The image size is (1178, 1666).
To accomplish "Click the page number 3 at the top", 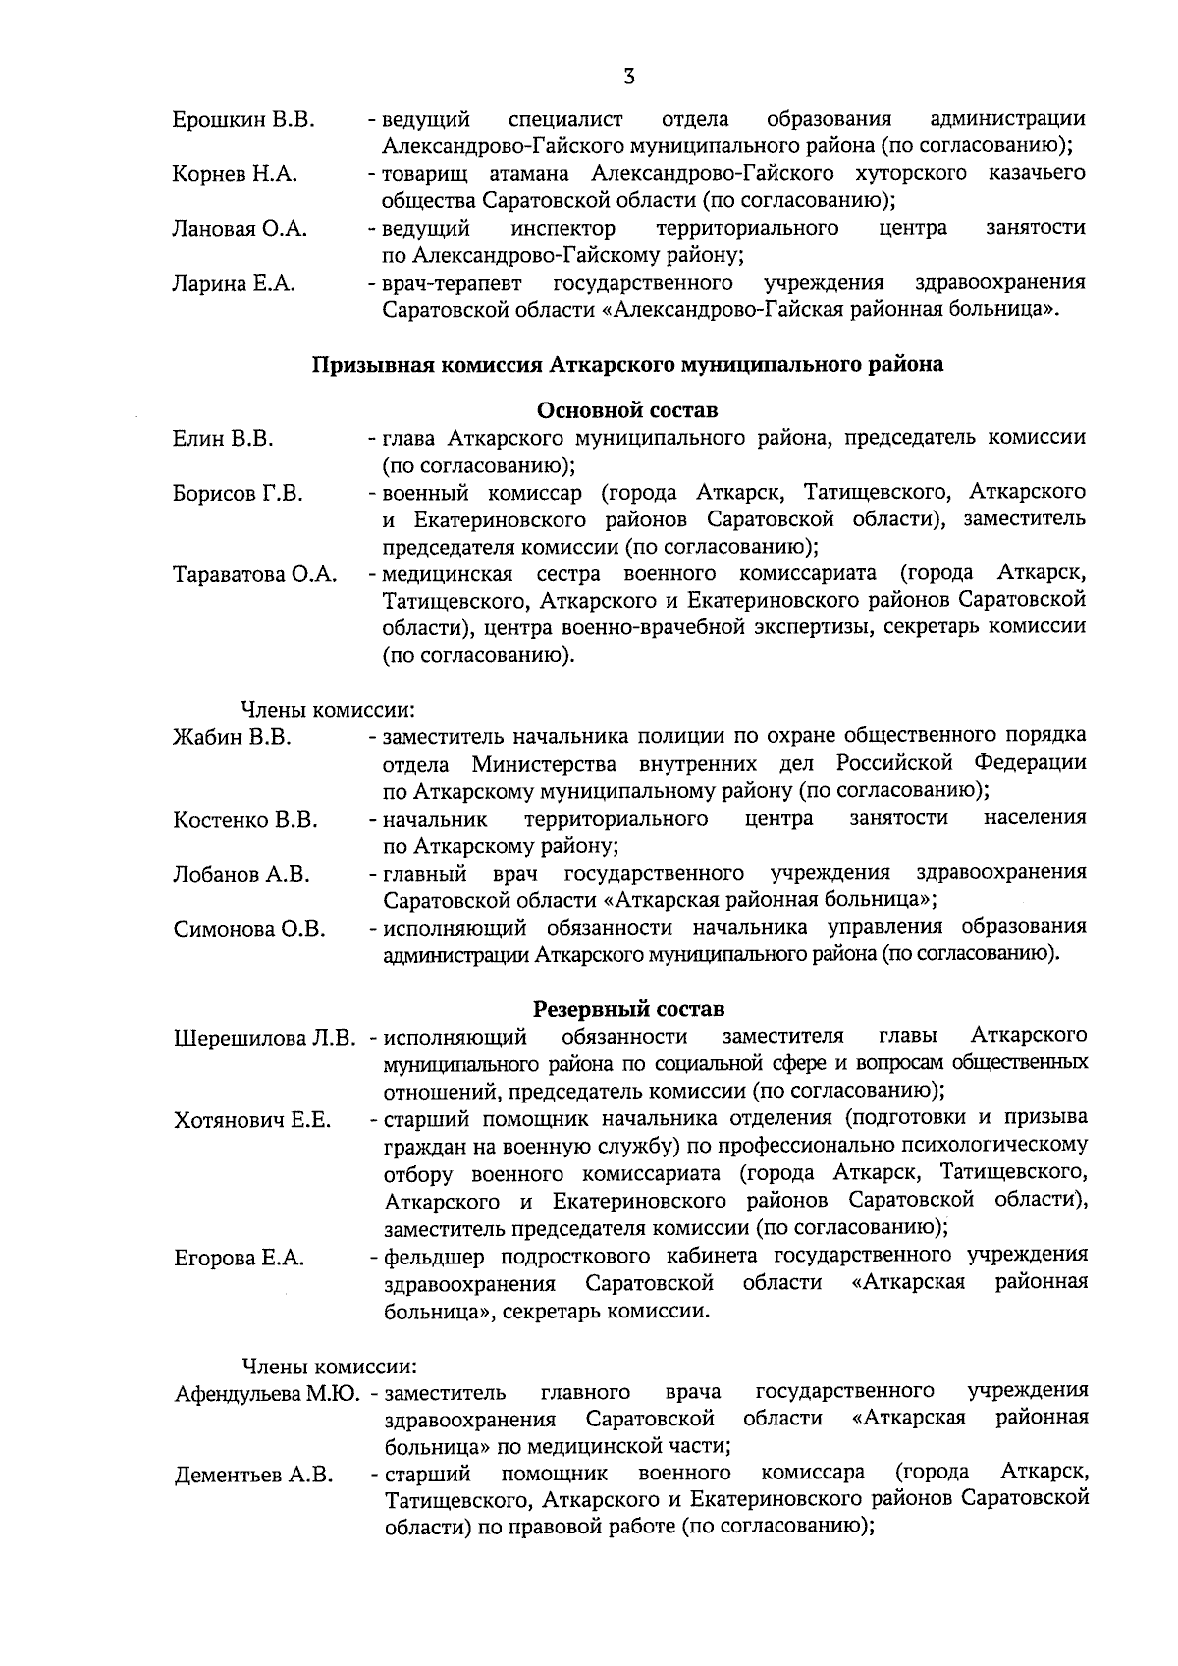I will [628, 76].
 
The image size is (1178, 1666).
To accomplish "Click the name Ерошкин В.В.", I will [243, 120].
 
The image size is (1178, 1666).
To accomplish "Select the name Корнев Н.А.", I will [235, 175].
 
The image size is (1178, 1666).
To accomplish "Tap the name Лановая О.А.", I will [240, 230].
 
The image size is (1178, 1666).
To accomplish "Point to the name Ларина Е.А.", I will [234, 285].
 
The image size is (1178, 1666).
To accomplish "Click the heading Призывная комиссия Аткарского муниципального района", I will [628, 365].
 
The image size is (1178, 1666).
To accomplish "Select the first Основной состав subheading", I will [628, 408].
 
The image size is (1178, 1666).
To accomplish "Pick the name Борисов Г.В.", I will [238, 493].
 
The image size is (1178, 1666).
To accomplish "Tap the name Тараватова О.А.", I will [255, 575].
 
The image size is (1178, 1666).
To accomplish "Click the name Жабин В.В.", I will [232, 737].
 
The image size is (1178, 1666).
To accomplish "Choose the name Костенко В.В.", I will [245, 820].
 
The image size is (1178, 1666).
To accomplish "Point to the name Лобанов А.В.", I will [241, 874].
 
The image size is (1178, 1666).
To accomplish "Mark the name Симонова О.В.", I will [249, 929].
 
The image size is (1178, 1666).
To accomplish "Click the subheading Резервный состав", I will [628, 1008].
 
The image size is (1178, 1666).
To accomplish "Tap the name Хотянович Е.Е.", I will [252, 1120].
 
